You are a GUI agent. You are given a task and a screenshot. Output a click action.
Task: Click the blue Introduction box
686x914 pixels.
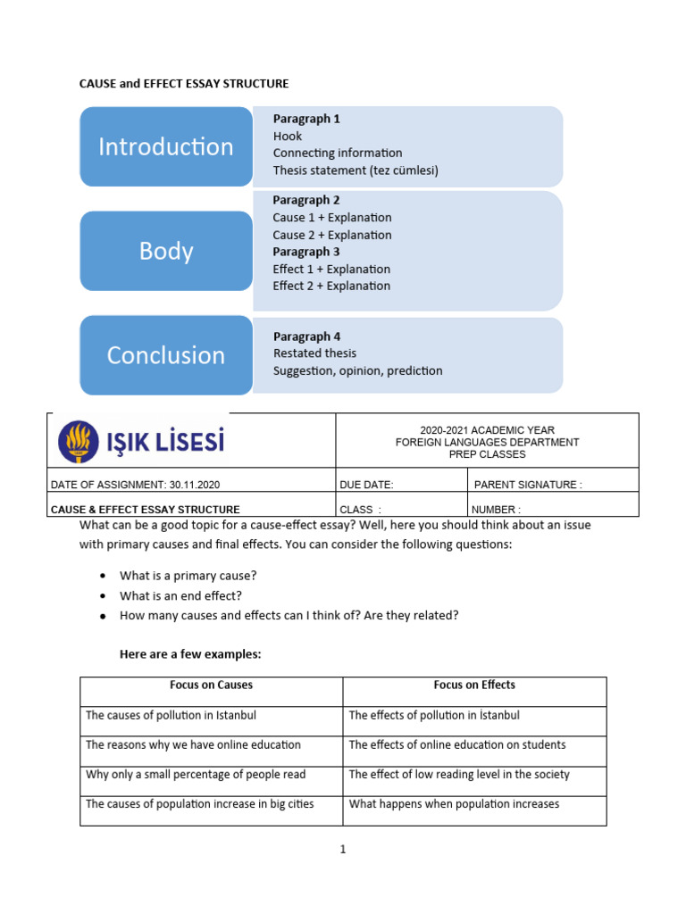point(166,146)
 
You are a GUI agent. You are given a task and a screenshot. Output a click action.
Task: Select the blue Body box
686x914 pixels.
point(166,251)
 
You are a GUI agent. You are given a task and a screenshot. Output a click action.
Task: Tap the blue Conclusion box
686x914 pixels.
point(166,355)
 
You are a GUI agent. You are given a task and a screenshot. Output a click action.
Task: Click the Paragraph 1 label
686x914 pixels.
point(306,119)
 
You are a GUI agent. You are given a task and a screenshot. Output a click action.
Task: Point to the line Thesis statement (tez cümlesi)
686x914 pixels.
point(356,170)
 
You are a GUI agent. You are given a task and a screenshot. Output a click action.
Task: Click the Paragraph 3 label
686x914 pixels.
point(306,252)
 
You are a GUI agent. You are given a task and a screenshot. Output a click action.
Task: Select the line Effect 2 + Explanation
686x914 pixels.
point(331,286)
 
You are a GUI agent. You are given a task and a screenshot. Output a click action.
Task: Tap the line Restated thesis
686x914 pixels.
point(314,353)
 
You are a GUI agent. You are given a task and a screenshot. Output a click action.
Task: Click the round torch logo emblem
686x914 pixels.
point(79,442)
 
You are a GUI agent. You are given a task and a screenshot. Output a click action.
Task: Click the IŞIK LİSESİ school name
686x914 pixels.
point(165,442)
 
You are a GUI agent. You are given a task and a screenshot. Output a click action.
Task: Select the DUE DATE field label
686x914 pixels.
point(366,485)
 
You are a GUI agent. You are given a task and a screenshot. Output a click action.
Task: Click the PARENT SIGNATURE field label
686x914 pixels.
point(528,485)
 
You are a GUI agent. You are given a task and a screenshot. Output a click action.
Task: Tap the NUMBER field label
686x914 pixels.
point(496,510)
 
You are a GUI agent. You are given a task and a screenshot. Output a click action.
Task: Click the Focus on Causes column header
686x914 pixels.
point(211,685)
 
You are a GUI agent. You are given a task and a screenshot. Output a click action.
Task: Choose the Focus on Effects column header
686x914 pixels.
point(474,685)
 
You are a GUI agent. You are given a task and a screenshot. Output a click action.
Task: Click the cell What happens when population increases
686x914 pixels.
point(454,804)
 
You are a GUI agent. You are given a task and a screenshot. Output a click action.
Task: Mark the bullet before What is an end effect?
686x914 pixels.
point(104,596)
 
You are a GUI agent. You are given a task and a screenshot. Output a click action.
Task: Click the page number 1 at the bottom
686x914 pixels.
point(342,850)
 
